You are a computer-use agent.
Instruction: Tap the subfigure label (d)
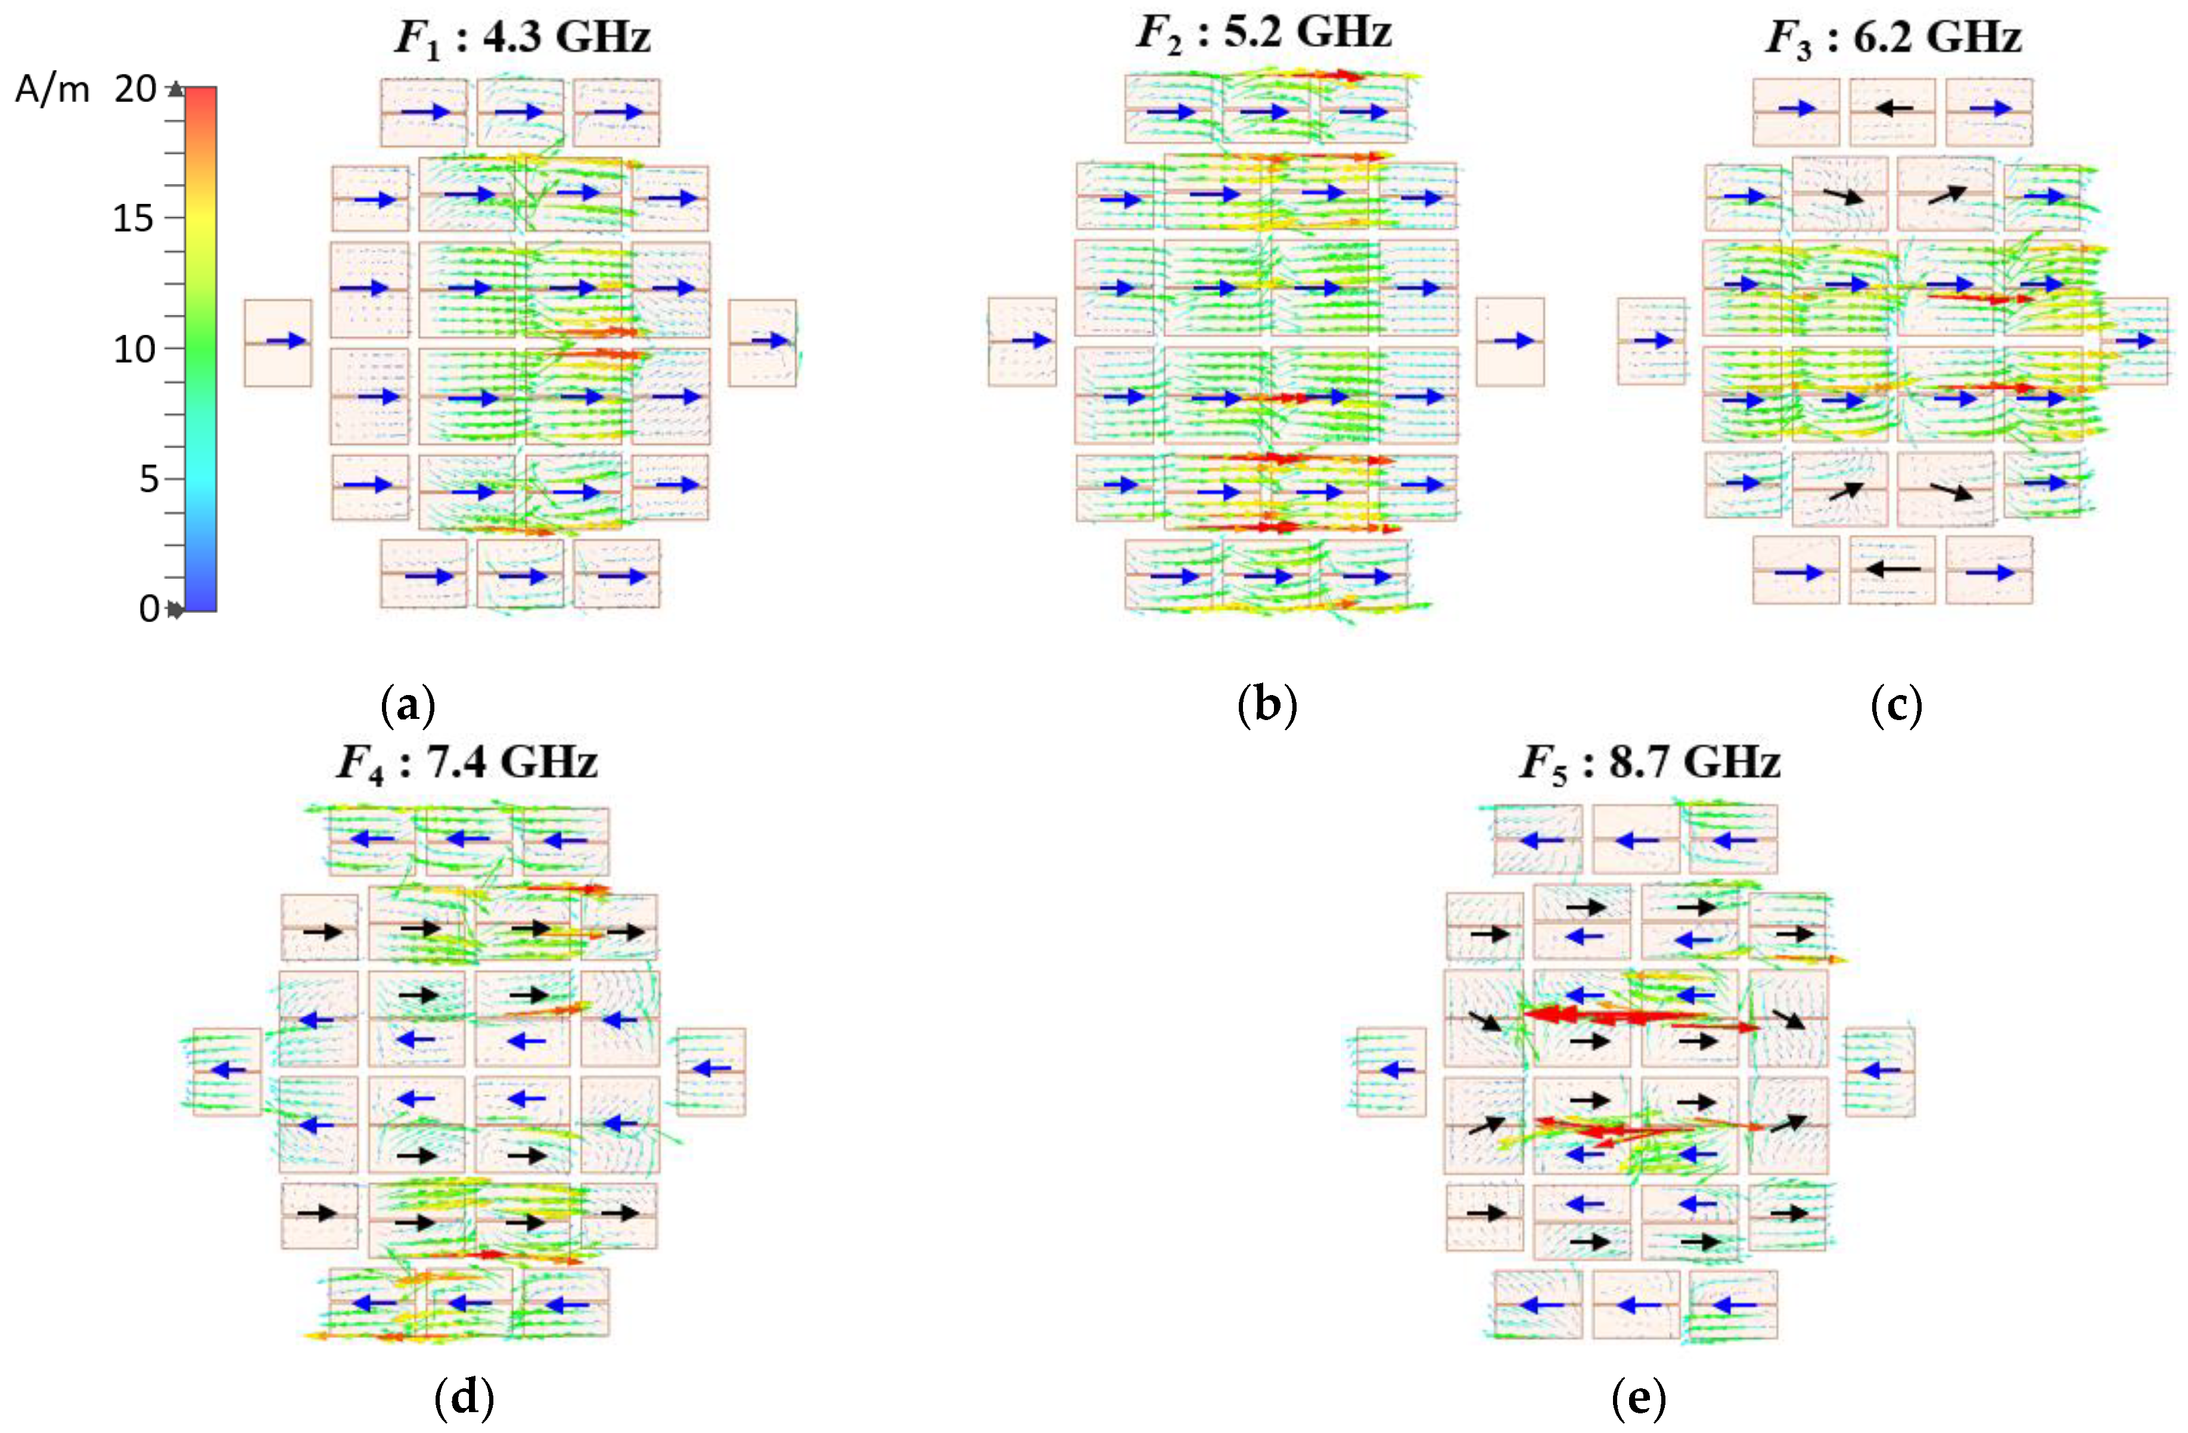click(x=464, y=1399)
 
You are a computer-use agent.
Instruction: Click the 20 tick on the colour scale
click(x=135, y=89)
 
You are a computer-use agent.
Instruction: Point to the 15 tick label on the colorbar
click(x=134, y=219)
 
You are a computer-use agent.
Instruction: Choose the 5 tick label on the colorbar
click(x=149, y=479)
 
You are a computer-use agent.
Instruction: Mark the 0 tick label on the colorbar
click(x=149, y=609)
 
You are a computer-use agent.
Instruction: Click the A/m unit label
click(x=52, y=90)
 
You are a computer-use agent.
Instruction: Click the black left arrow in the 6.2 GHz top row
click(x=1893, y=108)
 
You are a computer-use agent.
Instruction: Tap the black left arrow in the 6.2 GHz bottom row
click(x=1893, y=569)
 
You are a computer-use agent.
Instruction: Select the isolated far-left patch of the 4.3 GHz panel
click(x=278, y=342)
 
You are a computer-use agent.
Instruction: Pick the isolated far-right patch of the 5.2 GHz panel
click(x=1509, y=341)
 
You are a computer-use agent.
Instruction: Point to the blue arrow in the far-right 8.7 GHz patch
click(x=1880, y=1071)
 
